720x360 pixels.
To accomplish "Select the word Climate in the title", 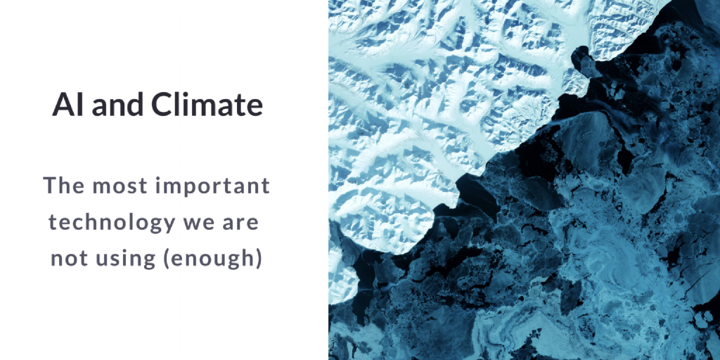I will [x=207, y=105].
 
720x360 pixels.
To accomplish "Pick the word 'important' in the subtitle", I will [x=214, y=188].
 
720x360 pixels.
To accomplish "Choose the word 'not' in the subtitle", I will [x=67, y=259].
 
